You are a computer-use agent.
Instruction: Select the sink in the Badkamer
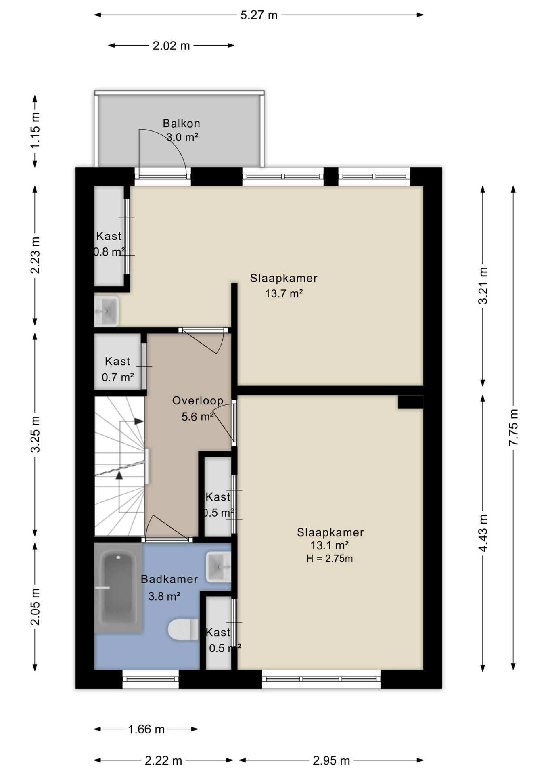click(x=218, y=567)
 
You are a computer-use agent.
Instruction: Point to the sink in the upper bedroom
click(x=107, y=311)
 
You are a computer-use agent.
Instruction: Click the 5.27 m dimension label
click(x=259, y=15)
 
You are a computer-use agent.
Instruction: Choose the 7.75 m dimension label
click(x=513, y=427)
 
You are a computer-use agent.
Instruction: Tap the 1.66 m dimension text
click(x=146, y=729)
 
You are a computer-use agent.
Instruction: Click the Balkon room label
click(x=181, y=123)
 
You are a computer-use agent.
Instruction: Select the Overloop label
click(x=198, y=400)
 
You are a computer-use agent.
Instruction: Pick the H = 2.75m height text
click(x=330, y=559)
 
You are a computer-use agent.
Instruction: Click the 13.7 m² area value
click(x=284, y=293)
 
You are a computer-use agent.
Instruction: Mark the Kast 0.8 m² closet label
click(x=109, y=244)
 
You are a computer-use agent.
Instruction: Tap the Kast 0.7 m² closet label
click(x=117, y=369)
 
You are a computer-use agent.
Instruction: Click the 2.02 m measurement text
click(x=171, y=46)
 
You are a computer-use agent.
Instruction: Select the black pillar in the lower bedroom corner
click(x=410, y=402)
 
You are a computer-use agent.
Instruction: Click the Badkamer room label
click(x=169, y=579)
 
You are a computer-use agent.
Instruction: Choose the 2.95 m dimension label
click(x=331, y=761)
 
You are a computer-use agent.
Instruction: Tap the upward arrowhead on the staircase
click(x=119, y=475)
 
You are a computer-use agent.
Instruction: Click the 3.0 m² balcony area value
click(x=182, y=137)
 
